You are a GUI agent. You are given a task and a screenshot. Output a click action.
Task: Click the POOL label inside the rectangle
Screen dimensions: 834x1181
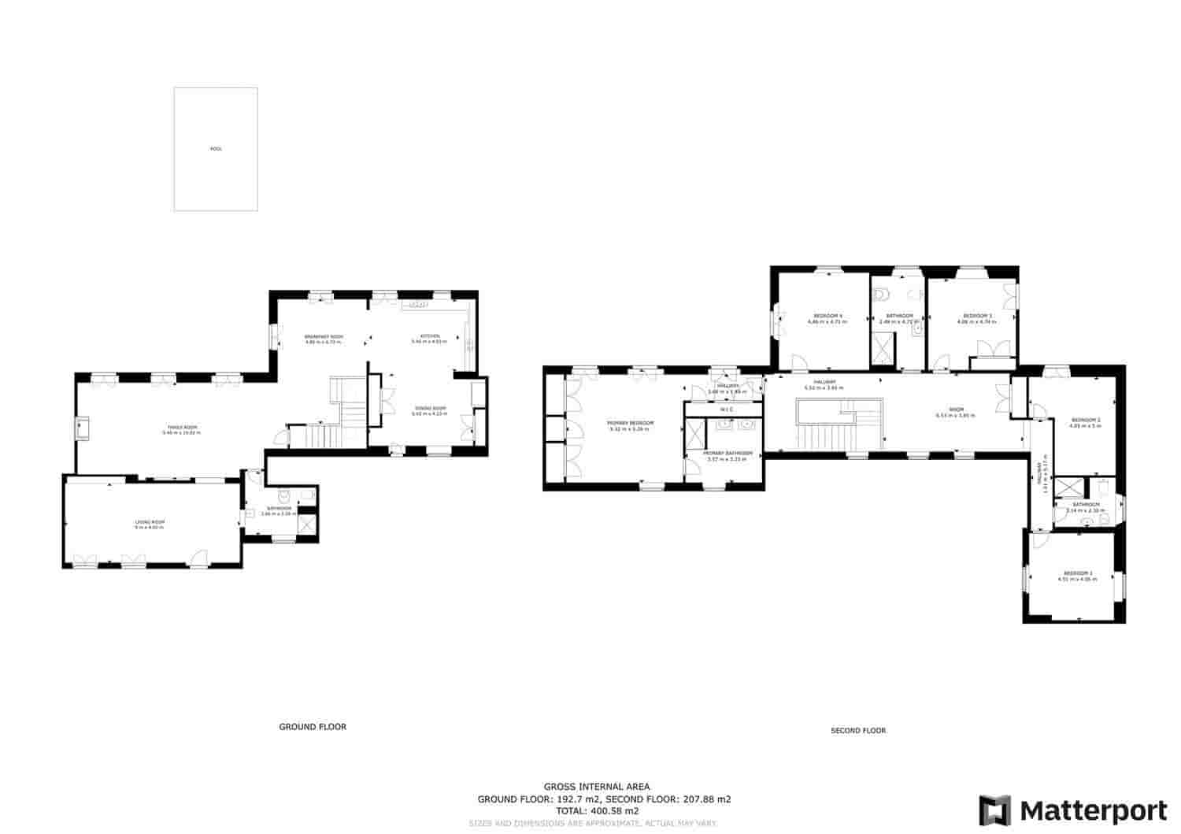pos(216,149)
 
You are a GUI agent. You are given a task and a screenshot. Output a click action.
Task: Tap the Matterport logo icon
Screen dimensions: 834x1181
pos(995,810)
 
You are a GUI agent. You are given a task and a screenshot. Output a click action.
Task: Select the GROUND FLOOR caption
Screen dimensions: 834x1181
pos(313,727)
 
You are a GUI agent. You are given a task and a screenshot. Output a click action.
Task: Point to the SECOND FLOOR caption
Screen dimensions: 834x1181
pos(858,731)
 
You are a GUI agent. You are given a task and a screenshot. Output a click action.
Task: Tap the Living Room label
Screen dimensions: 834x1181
pos(149,522)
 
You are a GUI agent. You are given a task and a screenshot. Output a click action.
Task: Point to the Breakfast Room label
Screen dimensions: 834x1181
pos(324,337)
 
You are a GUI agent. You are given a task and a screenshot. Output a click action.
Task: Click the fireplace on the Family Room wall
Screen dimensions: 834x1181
pos(83,429)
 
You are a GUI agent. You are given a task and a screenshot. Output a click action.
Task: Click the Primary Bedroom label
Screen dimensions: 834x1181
pos(631,424)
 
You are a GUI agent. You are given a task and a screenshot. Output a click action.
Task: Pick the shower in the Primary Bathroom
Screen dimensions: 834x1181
pos(695,433)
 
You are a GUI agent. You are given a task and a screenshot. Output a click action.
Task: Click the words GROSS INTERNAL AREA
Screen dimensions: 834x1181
pos(597,786)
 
